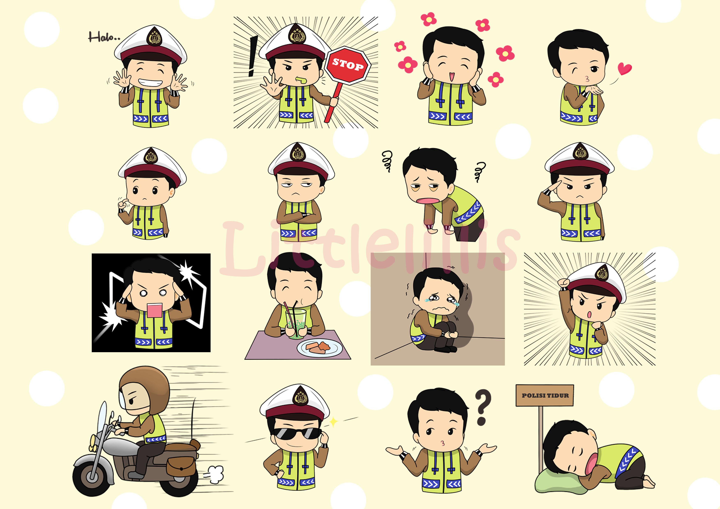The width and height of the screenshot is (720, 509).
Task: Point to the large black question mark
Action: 483,407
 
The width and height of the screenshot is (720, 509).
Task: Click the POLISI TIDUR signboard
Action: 545,395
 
